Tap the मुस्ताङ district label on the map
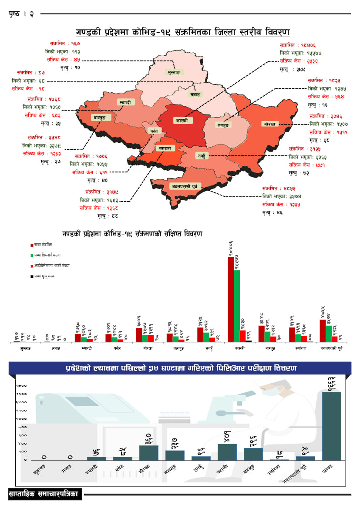click(175, 72)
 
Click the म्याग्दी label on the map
click(126, 102)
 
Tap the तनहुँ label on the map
click(202, 155)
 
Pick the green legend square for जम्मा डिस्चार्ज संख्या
click(32, 255)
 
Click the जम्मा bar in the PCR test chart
click(331, 425)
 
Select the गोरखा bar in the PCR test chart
click(148, 452)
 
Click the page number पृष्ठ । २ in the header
click(21, 14)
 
